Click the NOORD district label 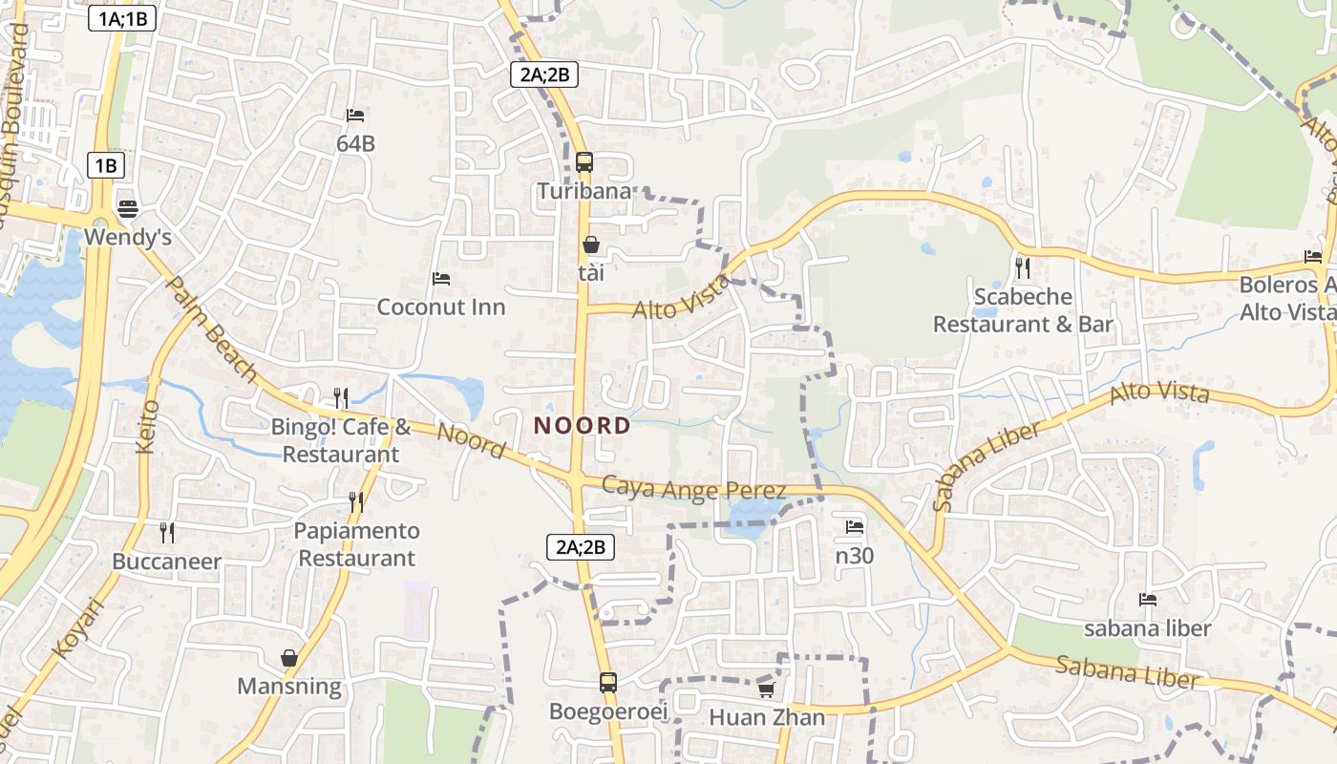pyautogui.click(x=582, y=426)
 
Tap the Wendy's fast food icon pyautogui.click(x=128, y=208)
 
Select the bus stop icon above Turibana pyautogui.click(x=584, y=162)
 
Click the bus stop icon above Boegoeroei pyautogui.click(x=608, y=683)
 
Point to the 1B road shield pyautogui.click(x=105, y=165)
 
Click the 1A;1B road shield pyautogui.click(x=122, y=18)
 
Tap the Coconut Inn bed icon pyautogui.click(x=441, y=279)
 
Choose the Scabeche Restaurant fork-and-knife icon pyautogui.click(x=1023, y=268)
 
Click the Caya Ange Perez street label pyautogui.click(x=694, y=488)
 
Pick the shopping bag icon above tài pyautogui.click(x=591, y=245)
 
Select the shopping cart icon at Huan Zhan pyautogui.click(x=766, y=689)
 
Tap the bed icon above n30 pyautogui.click(x=855, y=526)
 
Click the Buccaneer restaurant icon pyautogui.click(x=167, y=532)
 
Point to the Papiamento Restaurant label pyautogui.click(x=356, y=544)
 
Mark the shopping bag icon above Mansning pyautogui.click(x=289, y=658)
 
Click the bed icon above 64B pyautogui.click(x=355, y=116)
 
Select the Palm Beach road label pyautogui.click(x=211, y=329)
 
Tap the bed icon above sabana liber pyautogui.click(x=1148, y=600)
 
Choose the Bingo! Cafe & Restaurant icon pyautogui.click(x=340, y=397)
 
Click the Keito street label pyautogui.click(x=146, y=426)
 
